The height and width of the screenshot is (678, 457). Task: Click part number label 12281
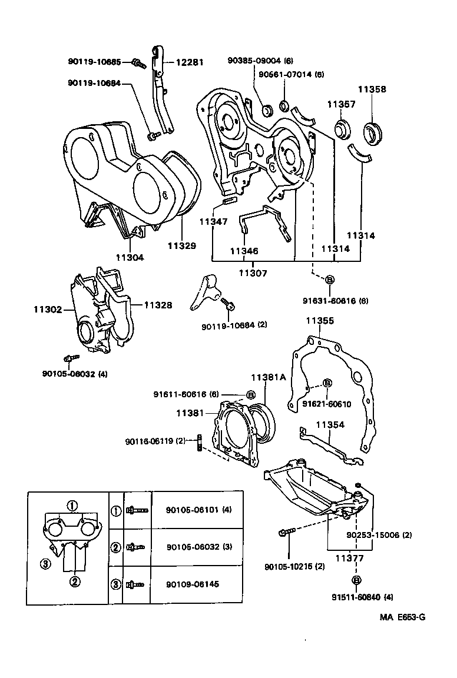[188, 62]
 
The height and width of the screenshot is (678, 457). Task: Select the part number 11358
[372, 89]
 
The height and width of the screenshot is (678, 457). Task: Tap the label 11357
[342, 104]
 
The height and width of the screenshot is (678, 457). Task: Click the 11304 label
[130, 257]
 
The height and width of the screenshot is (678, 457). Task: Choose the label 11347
[213, 222]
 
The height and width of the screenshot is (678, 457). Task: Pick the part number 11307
[253, 272]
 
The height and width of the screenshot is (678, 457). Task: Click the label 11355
[320, 321]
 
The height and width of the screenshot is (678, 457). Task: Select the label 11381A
[269, 377]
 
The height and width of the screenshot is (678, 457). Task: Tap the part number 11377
[349, 558]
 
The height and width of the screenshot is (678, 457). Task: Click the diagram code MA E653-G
[402, 617]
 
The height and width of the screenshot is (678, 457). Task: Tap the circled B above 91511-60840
[356, 580]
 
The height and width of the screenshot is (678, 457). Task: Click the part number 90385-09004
[254, 60]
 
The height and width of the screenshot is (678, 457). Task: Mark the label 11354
[330, 424]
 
